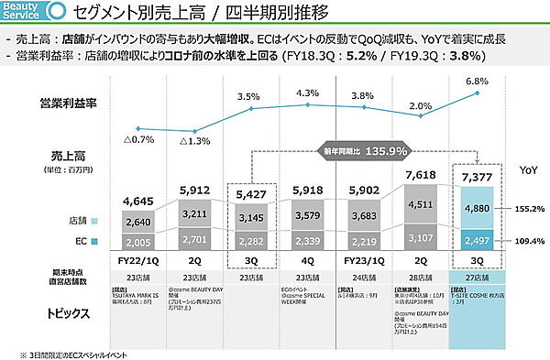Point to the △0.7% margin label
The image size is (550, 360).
click(x=137, y=141)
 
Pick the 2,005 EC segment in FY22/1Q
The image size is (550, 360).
click(x=137, y=242)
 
